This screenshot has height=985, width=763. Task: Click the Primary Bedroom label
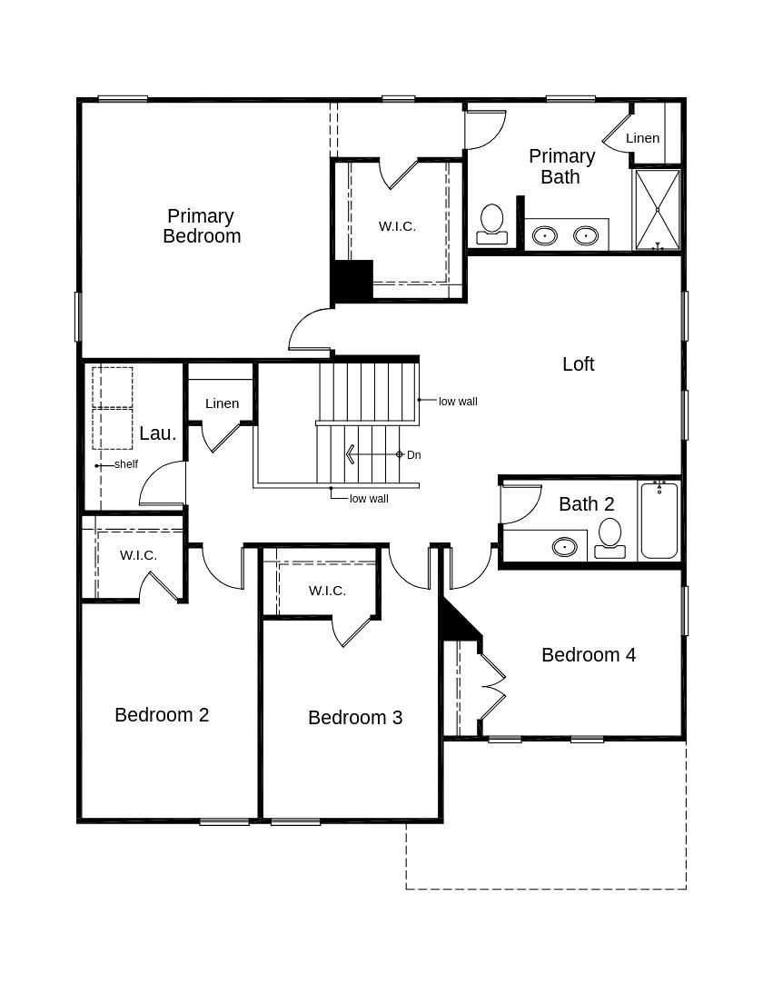pyautogui.click(x=202, y=226)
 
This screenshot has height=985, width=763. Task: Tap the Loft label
pyautogui.click(x=578, y=364)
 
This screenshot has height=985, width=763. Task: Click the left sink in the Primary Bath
pyautogui.click(x=544, y=235)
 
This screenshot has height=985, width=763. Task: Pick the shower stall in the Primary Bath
pyautogui.click(x=657, y=209)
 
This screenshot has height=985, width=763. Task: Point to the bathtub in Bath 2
pyautogui.click(x=659, y=521)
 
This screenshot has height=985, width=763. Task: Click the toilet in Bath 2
pyautogui.click(x=609, y=537)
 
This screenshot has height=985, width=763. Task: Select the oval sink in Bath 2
pyautogui.click(x=565, y=547)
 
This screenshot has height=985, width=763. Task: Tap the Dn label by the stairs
pyautogui.click(x=413, y=454)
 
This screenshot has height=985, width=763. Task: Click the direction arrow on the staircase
pyautogui.click(x=351, y=454)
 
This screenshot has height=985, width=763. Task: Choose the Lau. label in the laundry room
pyautogui.click(x=157, y=433)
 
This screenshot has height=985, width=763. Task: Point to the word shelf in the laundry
pyautogui.click(x=126, y=464)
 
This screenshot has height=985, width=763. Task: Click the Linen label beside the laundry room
pyautogui.click(x=222, y=403)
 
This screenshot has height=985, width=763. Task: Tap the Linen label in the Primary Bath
pyautogui.click(x=642, y=138)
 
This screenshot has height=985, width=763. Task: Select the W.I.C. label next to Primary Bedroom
pyautogui.click(x=397, y=226)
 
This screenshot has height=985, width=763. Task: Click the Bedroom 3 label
pyautogui.click(x=354, y=718)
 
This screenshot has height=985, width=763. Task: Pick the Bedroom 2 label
pyautogui.click(x=162, y=715)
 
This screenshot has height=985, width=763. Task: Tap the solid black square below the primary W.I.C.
pyautogui.click(x=352, y=281)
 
